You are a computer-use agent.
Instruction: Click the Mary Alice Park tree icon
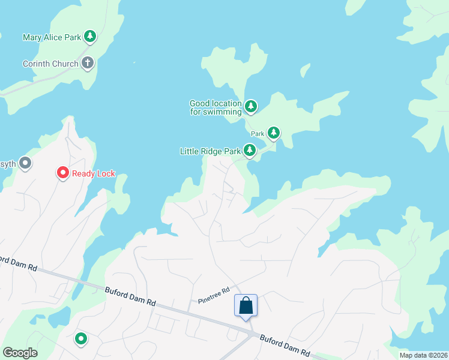tap(90, 37)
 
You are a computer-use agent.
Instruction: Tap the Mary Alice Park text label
tap(52, 37)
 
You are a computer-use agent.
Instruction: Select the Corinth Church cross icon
tap(88, 63)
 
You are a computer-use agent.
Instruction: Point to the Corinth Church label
tap(50, 64)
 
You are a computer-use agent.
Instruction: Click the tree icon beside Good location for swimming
tap(251, 107)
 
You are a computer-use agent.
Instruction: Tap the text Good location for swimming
tap(215, 107)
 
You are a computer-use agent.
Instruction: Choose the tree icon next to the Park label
tap(274, 133)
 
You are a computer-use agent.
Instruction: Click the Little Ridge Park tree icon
tap(250, 151)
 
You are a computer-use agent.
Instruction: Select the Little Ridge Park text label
tap(210, 151)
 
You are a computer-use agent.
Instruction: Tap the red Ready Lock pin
tap(62, 173)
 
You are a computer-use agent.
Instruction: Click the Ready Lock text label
tap(93, 174)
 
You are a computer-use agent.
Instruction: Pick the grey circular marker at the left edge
tap(25, 163)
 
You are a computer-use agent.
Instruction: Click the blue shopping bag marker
tap(246, 306)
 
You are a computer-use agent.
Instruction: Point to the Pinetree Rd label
tap(214, 295)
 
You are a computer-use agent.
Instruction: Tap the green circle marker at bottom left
tap(80, 339)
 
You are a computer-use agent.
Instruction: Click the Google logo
tap(20, 353)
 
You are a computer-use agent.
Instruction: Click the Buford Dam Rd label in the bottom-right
tap(285, 346)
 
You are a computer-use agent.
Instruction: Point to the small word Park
tap(258, 134)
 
